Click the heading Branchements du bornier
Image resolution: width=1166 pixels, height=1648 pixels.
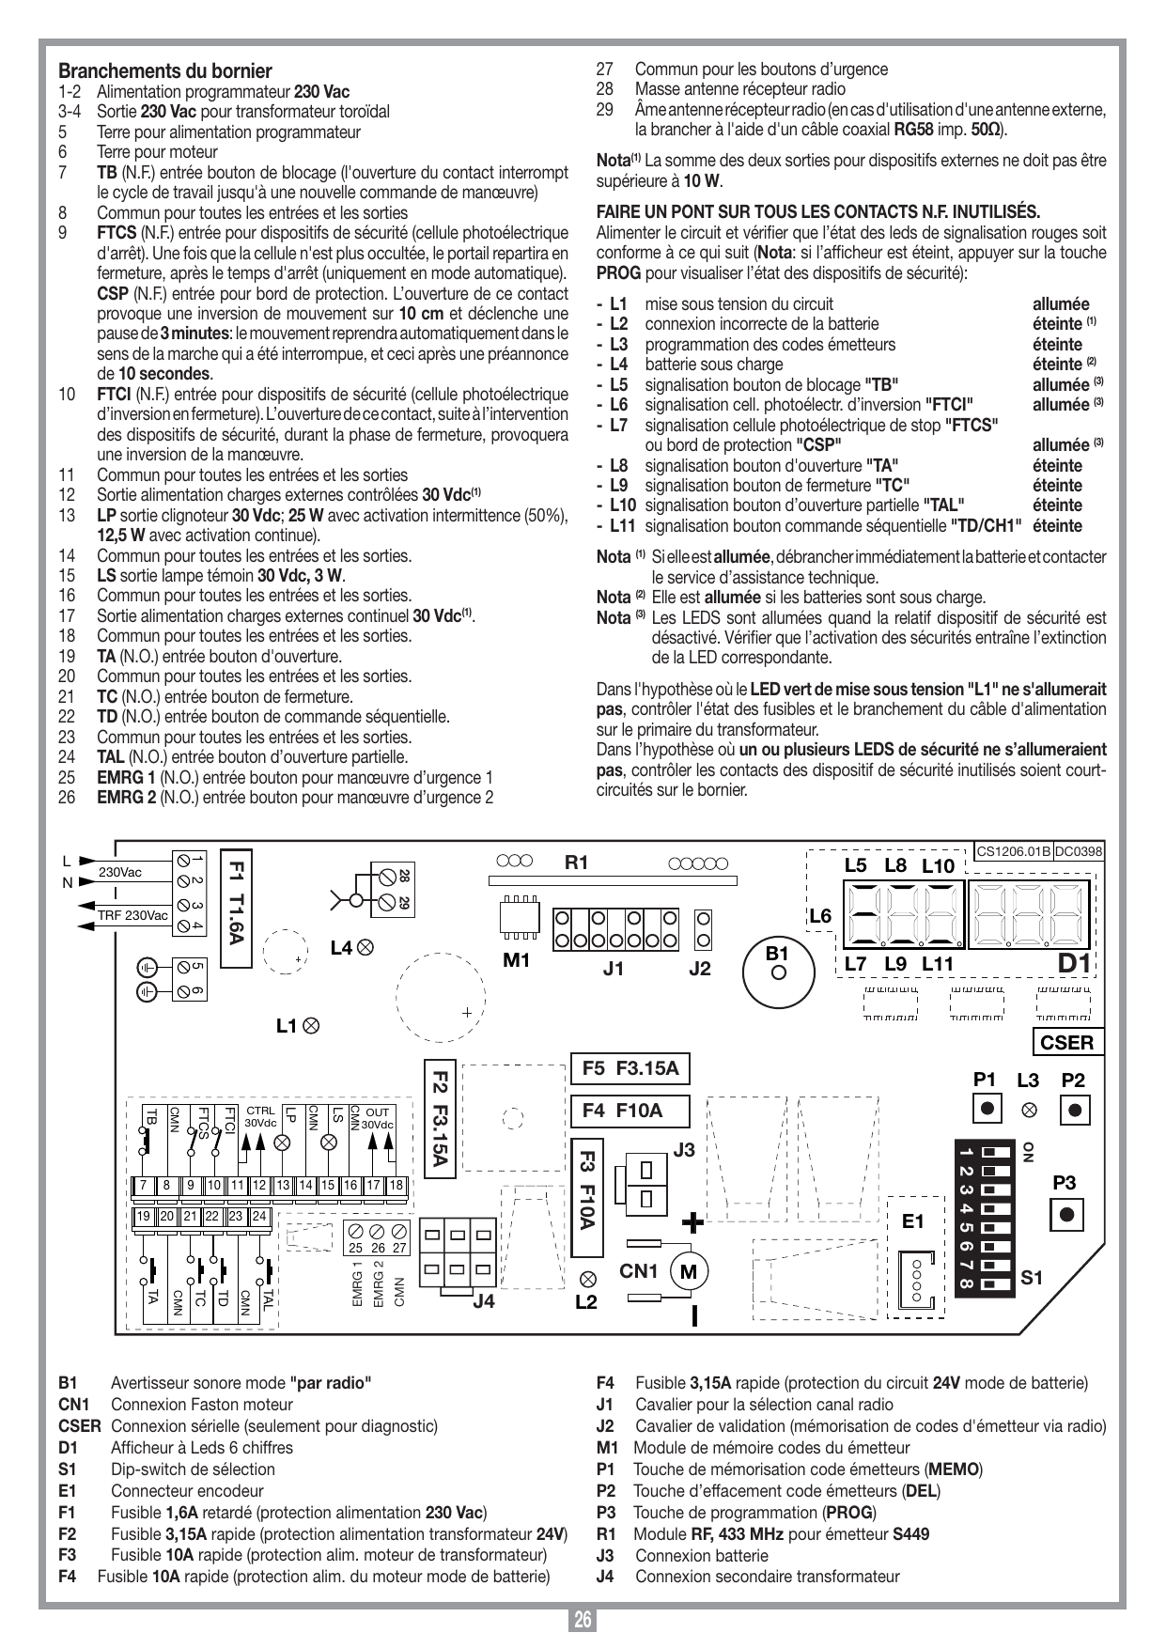tap(165, 71)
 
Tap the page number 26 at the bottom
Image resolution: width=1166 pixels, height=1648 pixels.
tap(583, 1621)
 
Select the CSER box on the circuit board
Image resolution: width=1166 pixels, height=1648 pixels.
tap(1067, 1043)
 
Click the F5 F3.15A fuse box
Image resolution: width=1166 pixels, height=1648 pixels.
tap(630, 1068)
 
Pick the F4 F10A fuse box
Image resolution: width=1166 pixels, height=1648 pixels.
tap(630, 1111)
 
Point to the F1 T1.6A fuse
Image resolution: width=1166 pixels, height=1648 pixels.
tap(236, 908)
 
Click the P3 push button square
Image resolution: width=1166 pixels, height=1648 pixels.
tap(1065, 1214)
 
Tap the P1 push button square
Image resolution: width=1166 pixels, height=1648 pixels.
tap(986, 1109)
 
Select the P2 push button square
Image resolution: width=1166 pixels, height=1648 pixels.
tap(1075, 1109)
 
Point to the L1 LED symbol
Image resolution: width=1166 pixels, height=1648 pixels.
tap(311, 1026)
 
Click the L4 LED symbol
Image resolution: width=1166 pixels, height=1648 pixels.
tap(365, 948)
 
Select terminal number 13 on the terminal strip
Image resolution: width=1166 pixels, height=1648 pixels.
tap(283, 1186)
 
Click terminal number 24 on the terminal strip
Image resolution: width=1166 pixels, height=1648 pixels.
tap(259, 1217)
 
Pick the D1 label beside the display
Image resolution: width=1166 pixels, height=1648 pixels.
tap(1074, 963)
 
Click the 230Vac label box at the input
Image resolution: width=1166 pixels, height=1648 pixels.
tap(120, 872)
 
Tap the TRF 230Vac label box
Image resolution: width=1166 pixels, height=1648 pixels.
tap(132, 915)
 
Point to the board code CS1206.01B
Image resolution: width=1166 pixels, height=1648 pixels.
tap(1013, 851)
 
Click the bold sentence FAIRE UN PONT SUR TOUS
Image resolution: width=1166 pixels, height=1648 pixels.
tap(818, 212)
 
